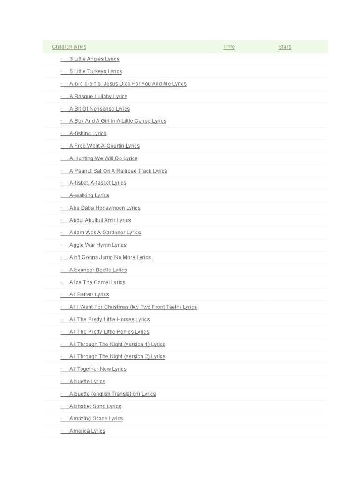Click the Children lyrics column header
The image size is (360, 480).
69,47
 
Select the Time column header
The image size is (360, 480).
229,47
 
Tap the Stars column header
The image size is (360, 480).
285,47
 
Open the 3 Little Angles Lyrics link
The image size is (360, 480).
94,59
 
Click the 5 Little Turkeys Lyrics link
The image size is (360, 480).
96,72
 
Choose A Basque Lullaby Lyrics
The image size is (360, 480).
98,97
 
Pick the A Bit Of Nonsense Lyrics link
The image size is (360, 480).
99,109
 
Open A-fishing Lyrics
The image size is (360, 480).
88,134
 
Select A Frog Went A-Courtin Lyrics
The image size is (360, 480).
105,146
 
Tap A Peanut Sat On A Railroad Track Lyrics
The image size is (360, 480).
118,171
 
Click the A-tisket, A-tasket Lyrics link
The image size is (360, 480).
97,183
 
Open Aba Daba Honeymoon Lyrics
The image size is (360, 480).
105,208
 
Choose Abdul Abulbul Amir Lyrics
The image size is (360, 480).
100,220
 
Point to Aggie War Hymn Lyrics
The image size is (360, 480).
98,245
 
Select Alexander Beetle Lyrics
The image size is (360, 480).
98,270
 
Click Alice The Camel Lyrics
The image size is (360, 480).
97,283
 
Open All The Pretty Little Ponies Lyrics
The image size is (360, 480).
109,332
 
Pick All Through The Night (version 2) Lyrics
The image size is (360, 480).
117,357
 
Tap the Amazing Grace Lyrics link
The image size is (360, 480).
96,419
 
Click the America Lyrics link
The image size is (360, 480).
87,431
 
